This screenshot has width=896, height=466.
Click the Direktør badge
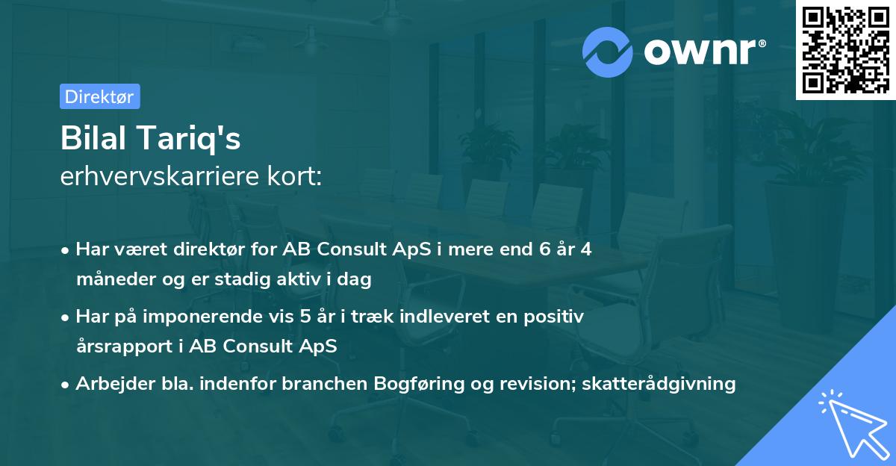(99, 96)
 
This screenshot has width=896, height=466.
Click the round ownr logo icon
(609, 52)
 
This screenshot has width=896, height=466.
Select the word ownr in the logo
(702, 52)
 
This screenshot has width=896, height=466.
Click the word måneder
(109, 279)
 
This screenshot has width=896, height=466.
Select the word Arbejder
(109, 384)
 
